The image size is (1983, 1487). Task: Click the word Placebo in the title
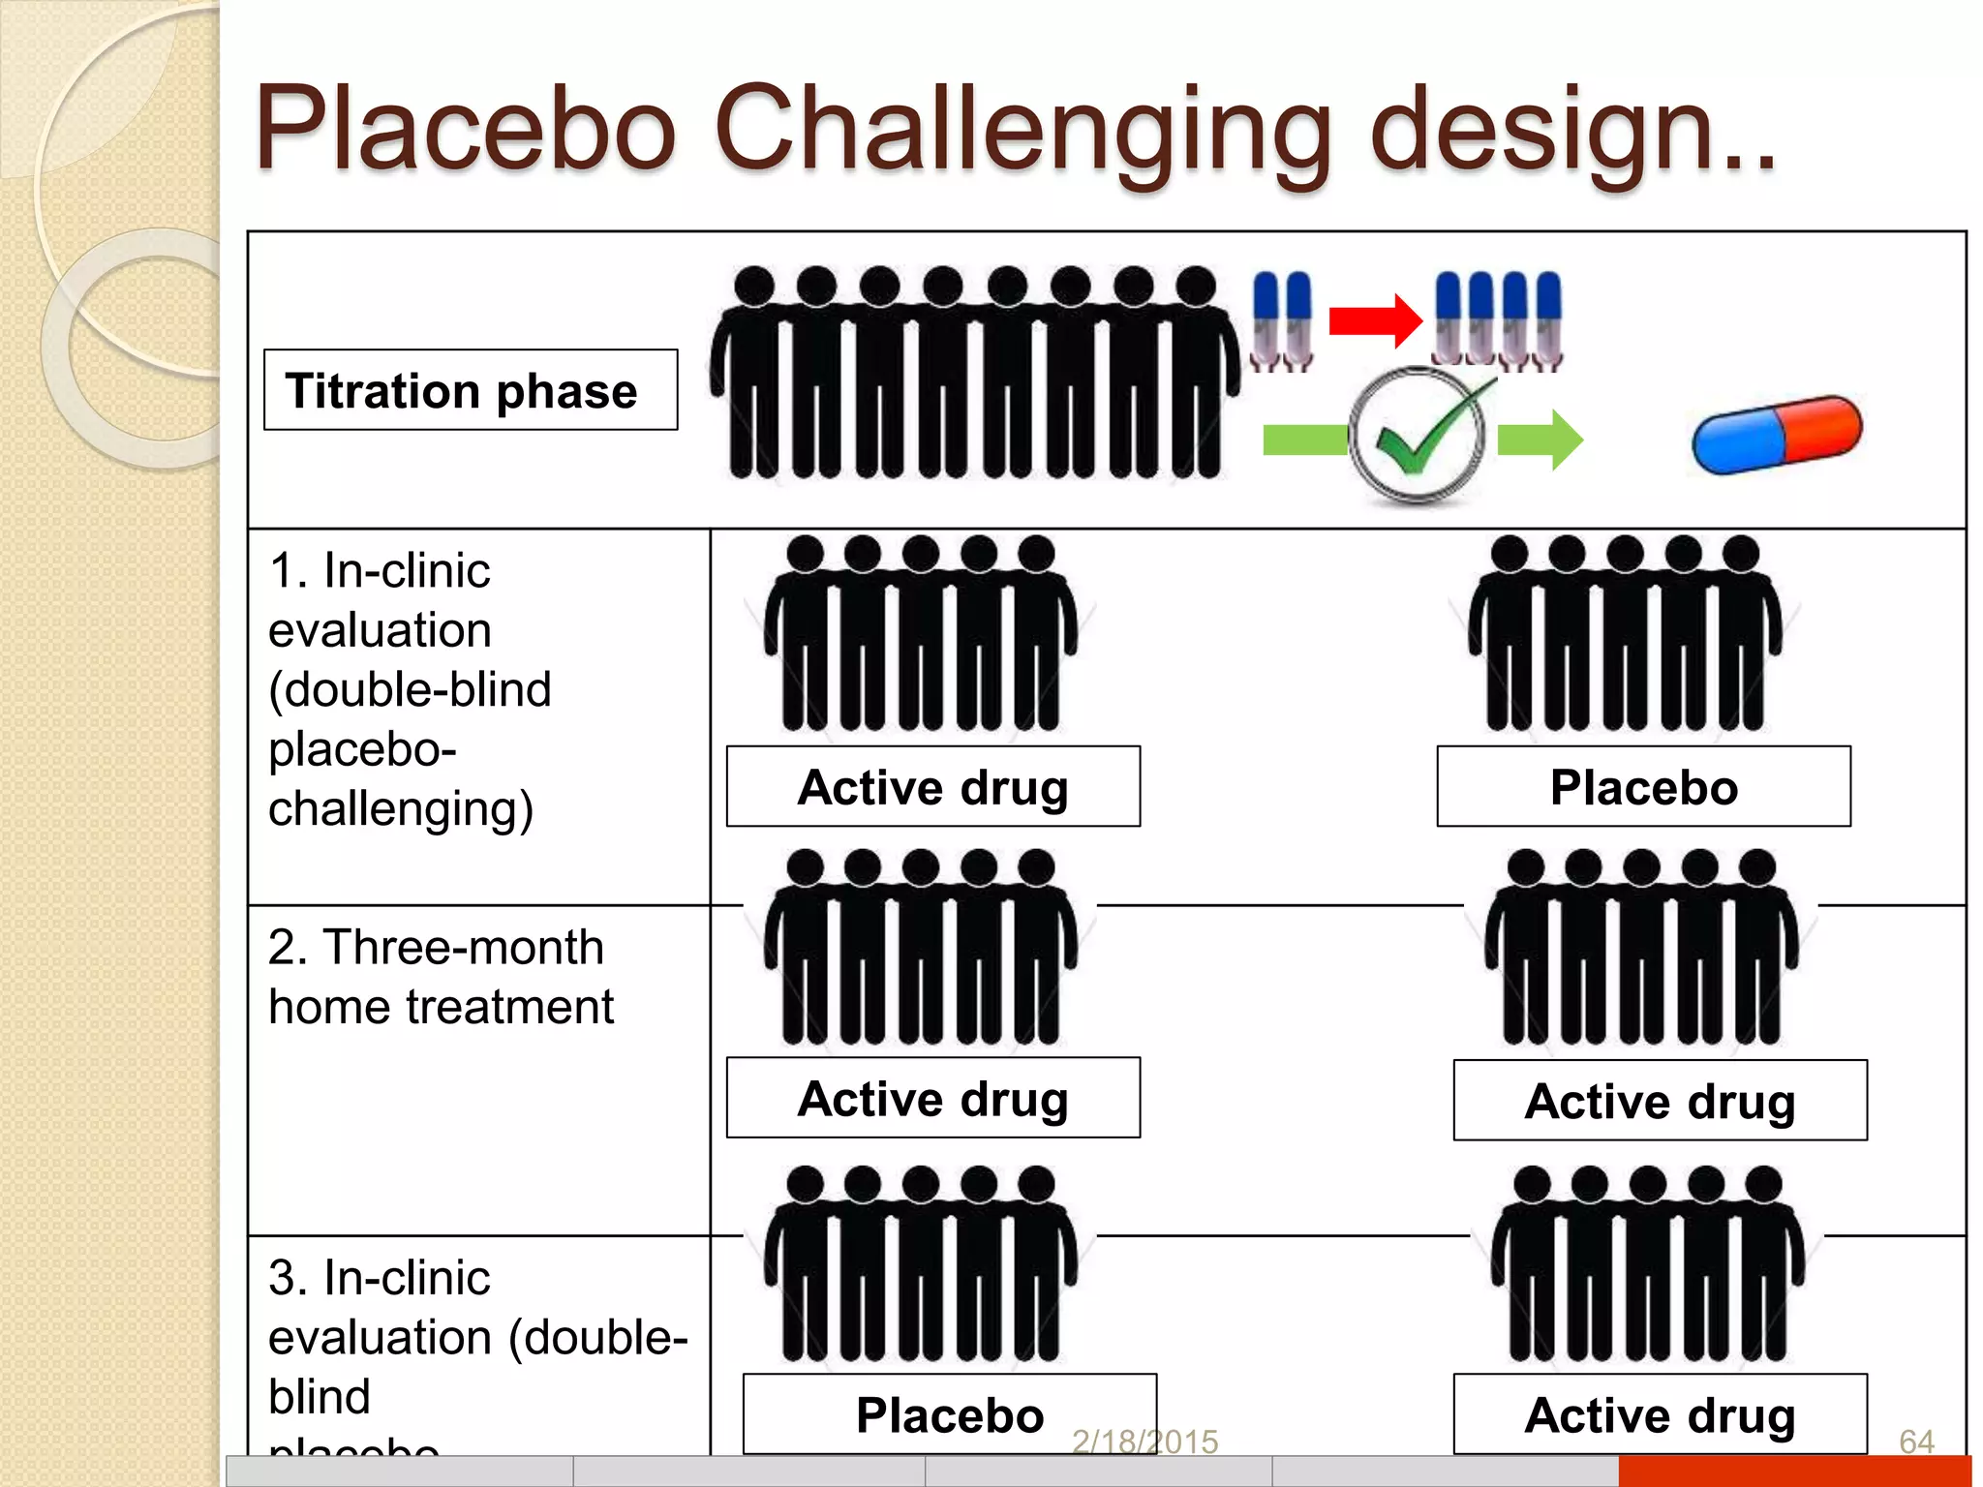click(x=465, y=131)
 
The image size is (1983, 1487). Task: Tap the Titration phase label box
click(x=471, y=390)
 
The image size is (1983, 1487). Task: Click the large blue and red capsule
click(x=1777, y=436)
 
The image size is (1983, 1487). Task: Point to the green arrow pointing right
click(x=1541, y=440)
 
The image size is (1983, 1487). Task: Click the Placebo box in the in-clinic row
click(x=1643, y=786)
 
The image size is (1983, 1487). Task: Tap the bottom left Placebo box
click(x=949, y=1413)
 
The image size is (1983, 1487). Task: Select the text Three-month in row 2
click(x=463, y=947)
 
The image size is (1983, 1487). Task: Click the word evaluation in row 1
click(x=380, y=630)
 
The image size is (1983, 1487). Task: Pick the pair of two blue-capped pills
click(x=1282, y=320)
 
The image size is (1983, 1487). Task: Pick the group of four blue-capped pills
click(x=1498, y=320)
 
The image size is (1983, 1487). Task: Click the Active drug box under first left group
click(x=932, y=786)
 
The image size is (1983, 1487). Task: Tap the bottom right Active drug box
click(x=1660, y=1413)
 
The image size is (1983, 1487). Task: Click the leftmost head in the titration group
click(x=754, y=287)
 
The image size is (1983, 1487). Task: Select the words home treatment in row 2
click(x=441, y=1007)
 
